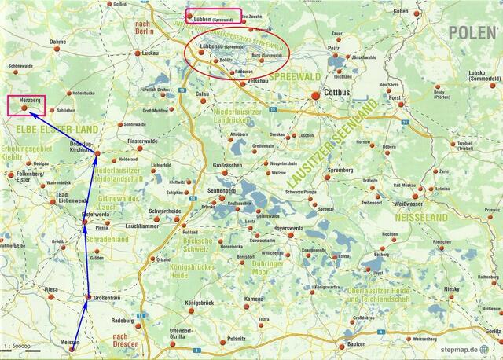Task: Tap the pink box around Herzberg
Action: pyautogui.click(x=25, y=105)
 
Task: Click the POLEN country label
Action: pyautogui.click(x=472, y=31)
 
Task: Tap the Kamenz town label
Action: pyautogui.click(x=253, y=299)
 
